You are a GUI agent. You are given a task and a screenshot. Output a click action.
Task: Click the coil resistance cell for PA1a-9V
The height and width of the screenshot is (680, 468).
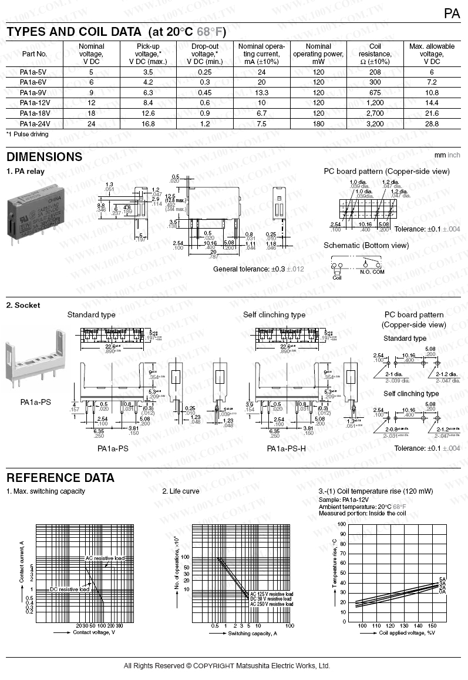[375, 93]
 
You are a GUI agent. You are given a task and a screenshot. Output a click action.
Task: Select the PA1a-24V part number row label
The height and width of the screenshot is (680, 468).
[34, 124]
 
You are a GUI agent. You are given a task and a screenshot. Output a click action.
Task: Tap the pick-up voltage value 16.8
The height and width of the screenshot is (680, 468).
[148, 124]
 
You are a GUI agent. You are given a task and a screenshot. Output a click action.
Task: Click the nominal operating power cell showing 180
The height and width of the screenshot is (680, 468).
[318, 124]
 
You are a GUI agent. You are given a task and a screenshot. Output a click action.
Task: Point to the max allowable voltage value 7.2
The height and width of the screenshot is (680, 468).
[432, 82]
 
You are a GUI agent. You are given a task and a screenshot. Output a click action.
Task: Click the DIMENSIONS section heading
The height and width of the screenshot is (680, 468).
[44, 157]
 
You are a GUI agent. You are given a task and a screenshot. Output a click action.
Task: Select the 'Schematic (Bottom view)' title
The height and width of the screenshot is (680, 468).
[366, 245]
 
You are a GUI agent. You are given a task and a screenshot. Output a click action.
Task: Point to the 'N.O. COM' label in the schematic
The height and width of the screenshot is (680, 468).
[373, 272]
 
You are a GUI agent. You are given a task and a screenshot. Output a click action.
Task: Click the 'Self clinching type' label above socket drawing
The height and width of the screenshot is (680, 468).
[274, 315]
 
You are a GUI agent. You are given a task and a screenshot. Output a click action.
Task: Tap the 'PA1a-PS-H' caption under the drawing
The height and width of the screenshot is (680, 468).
[286, 448]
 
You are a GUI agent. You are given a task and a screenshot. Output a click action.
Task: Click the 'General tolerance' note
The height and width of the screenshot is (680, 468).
[258, 269]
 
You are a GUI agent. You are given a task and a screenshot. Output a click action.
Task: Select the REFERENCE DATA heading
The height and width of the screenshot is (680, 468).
[60, 478]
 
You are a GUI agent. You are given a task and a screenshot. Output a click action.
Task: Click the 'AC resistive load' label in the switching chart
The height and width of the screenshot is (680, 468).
[105, 558]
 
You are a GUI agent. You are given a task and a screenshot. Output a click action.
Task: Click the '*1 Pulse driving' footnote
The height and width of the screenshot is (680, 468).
[27, 135]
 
